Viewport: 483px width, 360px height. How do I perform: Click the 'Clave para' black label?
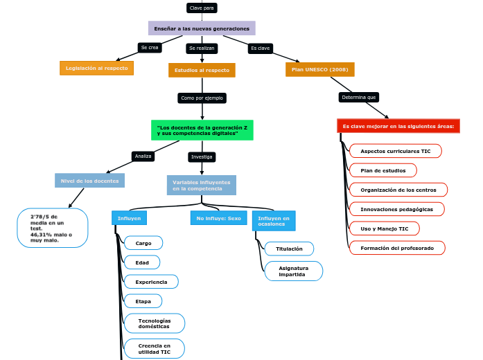[202, 8]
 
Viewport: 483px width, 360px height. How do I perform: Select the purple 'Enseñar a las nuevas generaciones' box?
[202, 28]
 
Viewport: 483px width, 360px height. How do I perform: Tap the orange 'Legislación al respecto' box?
[96, 69]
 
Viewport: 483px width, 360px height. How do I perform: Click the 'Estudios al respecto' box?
[202, 71]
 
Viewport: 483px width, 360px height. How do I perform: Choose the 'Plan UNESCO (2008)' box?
[319, 70]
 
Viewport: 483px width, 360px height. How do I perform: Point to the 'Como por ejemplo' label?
[202, 98]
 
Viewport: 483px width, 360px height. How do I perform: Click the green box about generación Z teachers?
[202, 130]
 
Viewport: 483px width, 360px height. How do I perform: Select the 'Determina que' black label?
[359, 98]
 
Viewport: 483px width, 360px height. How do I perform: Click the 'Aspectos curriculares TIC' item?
[395, 151]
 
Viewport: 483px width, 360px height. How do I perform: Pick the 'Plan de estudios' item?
[383, 170]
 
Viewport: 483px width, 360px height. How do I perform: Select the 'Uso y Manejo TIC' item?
[384, 228]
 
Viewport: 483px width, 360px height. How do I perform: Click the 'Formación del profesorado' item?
[396, 248]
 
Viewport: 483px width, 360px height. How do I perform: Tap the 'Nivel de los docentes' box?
[89, 181]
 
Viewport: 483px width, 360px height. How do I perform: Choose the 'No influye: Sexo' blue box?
[218, 218]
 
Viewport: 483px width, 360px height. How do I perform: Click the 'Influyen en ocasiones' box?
[274, 221]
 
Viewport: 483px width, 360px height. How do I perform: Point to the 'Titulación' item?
[289, 249]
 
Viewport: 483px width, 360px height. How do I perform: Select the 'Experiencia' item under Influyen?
[151, 282]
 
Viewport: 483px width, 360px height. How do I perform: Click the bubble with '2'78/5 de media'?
[53, 228]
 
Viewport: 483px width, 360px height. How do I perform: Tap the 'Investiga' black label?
[202, 157]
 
